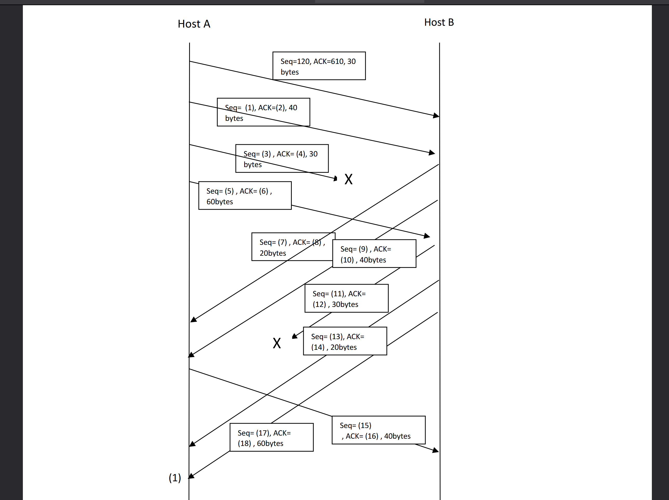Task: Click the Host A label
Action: (194, 24)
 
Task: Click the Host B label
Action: (439, 22)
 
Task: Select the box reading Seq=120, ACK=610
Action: (319, 66)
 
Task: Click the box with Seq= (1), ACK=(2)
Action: (263, 112)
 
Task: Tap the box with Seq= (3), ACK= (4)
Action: (282, 159)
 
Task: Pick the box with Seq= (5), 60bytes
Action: (245, 196)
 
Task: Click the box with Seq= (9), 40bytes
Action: (374, 254)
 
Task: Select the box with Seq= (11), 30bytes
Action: (346, 298)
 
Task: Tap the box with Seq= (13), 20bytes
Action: (345, 341)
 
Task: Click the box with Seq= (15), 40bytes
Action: (378, 430)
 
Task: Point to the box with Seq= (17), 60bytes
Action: (271, 437)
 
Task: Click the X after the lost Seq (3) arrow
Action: (348, 179)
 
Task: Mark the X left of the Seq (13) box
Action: (277, 343)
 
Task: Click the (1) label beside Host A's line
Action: (175, 478)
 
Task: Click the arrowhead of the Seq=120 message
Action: (436, 116)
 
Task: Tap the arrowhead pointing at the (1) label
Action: (191, 476)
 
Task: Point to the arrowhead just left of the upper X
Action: (335, 179)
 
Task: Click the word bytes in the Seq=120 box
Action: (289, 72)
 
